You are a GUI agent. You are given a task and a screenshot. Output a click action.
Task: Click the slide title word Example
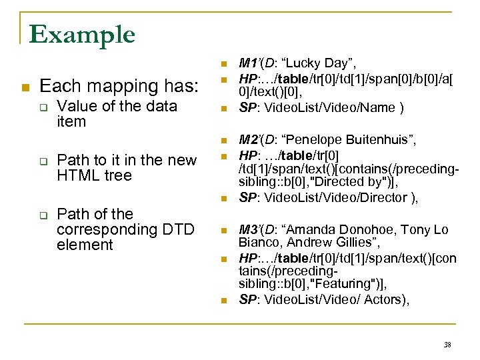(82, 34)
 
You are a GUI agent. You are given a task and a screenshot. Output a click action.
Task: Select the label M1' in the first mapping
(249, 63)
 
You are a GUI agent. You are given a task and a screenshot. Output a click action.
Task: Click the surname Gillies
(362, 243)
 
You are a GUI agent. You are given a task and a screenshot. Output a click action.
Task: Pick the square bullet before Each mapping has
(25, 87)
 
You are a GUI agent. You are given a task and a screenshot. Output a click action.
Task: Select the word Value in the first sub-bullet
(75, 106)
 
